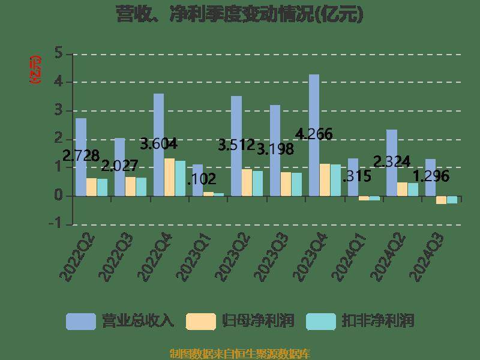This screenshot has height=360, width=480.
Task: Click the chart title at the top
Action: click(239, 14)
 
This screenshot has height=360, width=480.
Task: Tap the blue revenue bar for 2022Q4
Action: click(158, 145)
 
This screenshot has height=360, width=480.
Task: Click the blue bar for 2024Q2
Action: click(391, 163)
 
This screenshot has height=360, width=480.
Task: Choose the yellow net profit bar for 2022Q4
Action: click(169, 177)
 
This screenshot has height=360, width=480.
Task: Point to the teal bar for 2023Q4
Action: click(335, 180)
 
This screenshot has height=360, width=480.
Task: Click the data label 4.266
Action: click(314, 134)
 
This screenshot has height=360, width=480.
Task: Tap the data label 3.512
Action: click(236, 145)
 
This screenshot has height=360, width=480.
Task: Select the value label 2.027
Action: click(119, 165)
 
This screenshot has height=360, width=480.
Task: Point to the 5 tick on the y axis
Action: click(59, 53)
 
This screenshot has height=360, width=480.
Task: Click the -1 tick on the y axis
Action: click(56, 224)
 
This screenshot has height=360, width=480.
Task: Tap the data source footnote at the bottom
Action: click(239, 353)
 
